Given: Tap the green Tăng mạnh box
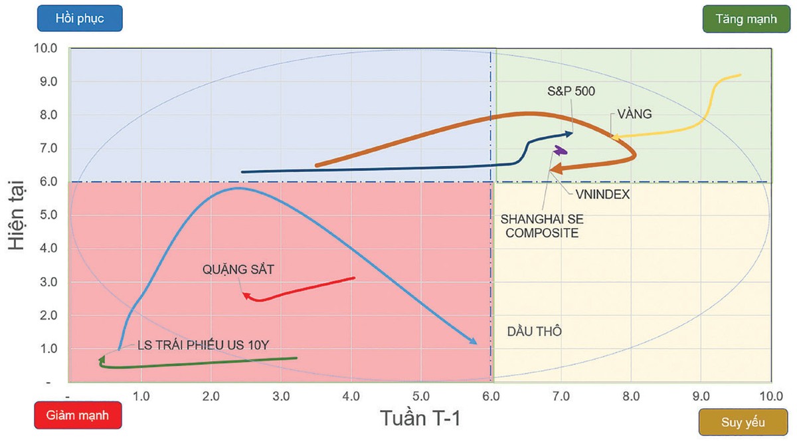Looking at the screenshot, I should coord(746,19).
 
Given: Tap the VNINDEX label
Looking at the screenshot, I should coord(602,195).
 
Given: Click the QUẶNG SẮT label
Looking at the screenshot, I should coord(238,270).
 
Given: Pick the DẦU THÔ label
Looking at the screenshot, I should coord(534,331).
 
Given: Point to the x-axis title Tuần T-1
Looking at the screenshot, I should coord(420,419).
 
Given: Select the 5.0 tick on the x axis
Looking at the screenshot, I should coord(420,396).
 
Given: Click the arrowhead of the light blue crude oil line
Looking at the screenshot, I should coord(474,342).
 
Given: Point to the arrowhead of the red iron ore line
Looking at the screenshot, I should coord(245,295).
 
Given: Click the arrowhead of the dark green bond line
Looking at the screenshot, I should coord(101,360).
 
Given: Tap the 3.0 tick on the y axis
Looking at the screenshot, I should coord(50,282).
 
